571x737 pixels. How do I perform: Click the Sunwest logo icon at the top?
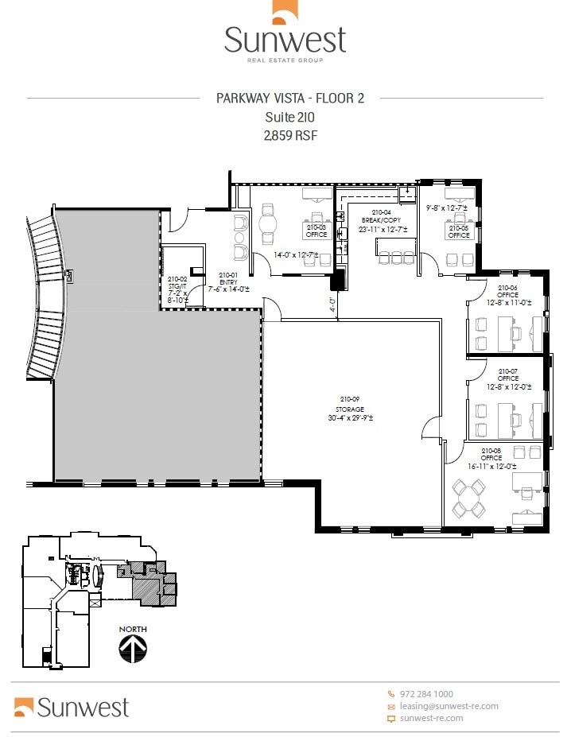pyautogui.click(x=285, y=13)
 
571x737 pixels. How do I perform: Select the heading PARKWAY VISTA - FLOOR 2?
pyautogui.click(x=290, y=99)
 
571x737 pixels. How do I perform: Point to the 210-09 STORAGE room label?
pyautogui.click(x=351, y=408)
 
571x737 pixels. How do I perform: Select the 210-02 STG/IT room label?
pyautogui.click(x=177, y=289)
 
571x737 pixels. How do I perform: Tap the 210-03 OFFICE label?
pyautogui.click(x=317, y=231)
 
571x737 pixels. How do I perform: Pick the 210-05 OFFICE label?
pyautogui.click(x=459, y=232)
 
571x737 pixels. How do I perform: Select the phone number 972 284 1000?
pyautogui.click(x=431, y=694)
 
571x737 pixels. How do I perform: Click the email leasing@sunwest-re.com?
pyautogui.click(x=449, y=706)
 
